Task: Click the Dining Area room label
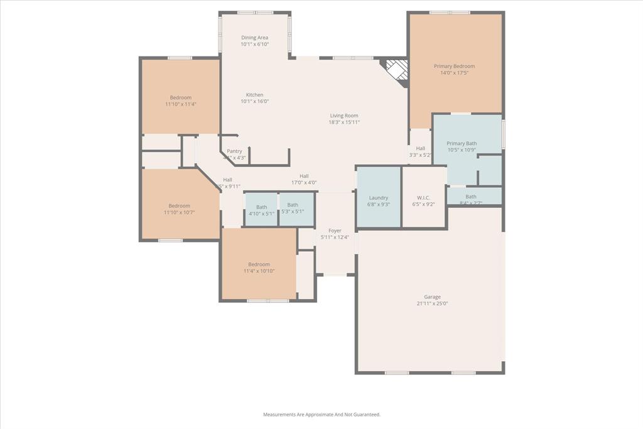tap(254, 38)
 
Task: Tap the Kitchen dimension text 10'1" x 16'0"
tap(254, 101)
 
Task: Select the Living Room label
tap(344, 116)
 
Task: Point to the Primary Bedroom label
tap(454, 66)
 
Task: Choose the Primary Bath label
tap(462, 143)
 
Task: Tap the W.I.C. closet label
tap(423, 198)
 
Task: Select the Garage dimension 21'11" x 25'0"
tap(432, 303)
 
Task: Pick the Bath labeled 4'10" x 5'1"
tap(261, 207)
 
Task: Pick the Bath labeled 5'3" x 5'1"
tap(293, 205)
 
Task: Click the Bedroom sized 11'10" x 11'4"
tap(181, 97)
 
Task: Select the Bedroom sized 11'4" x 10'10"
tap(259, 264)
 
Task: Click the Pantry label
tap(234, 151)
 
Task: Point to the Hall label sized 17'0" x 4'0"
tap(304, 176)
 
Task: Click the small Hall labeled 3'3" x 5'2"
tap(421, 148)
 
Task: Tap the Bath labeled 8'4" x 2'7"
tap(471, 197)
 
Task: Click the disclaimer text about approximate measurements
tap(321, 415)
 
